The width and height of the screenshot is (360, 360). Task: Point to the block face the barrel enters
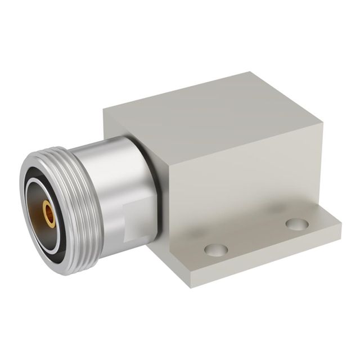click(129, 129)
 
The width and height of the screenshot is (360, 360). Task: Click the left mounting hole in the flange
click(216, 249)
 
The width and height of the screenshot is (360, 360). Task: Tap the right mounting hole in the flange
click(296, 224)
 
